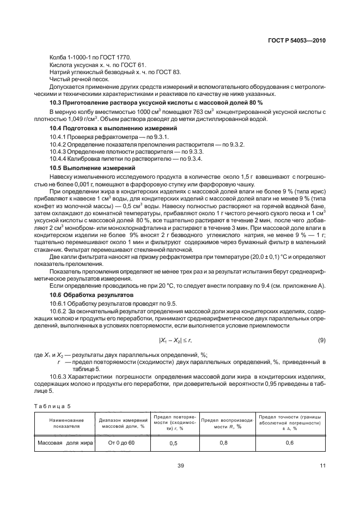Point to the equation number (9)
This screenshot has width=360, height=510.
click(x=321, y=341)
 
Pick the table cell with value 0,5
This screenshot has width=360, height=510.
click(x=173, y=444)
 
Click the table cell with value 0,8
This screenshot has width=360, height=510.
click(x=223, y=444)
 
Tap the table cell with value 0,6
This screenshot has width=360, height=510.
click(x=290, y=444)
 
